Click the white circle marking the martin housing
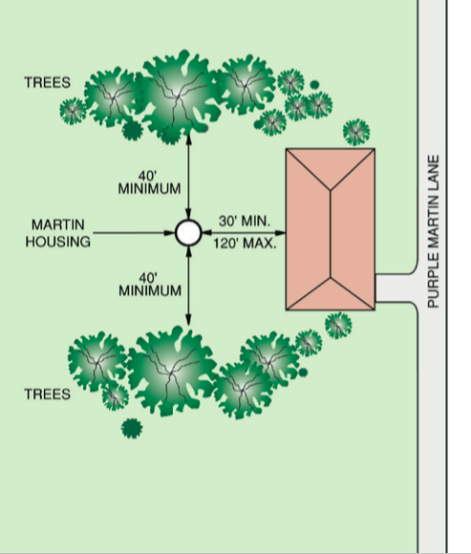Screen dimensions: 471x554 (x=188, y=232)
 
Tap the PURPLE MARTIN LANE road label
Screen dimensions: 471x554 (x=433, y=231)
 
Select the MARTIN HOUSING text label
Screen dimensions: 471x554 (x=58, y=233)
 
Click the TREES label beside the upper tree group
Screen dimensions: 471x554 (x=48, y=82)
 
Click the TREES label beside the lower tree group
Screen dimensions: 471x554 (x=48, y=394)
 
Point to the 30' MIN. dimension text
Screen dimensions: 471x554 (x=245, y=222)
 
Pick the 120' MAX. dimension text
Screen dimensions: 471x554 (x=245, y=244)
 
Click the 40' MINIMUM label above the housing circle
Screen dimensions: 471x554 (x=149, y=182)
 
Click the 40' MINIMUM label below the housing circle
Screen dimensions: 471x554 (x=150, y=285)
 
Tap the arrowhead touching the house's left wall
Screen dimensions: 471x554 (x=281, y=232)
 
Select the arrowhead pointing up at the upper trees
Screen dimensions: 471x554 (x=188, y=138)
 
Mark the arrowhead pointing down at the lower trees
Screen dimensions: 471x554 (x=188, y=320)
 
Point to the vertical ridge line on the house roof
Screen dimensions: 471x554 (x=331, y=234)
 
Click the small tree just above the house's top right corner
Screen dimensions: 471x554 (x=356, y=132)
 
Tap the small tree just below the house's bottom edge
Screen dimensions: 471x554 (x=338, y=325)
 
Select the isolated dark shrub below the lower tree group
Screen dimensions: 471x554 (x=132, y=429)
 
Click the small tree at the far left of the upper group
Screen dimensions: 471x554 (x=73, y=111)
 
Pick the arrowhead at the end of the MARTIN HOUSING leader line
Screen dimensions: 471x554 (x=170, y=232)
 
